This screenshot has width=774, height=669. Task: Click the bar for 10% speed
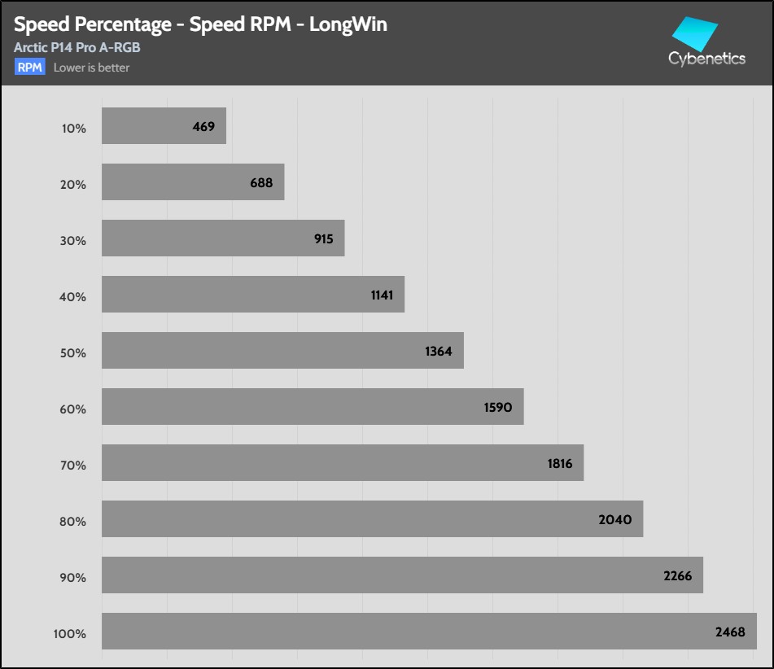click(x=163, y=126)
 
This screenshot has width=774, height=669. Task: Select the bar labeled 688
click(x=192, y=182)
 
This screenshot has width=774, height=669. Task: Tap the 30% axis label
click(x=72, y=241)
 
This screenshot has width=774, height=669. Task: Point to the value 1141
click(x=382, y=295)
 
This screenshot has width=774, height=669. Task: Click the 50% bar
click(x=282, y=351)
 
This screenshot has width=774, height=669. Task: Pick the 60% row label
click(x=72, y=409)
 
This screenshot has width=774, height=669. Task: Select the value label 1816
click(x=560, y=464)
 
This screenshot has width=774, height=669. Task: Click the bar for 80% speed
click(x=372, y=519)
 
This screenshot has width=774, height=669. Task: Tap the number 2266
click(x=677, y=576)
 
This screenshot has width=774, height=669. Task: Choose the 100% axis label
click(x=70, y=634)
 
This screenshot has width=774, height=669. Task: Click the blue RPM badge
click(x=29, y=68)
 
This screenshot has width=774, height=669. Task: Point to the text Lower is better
click(x=91, y=68)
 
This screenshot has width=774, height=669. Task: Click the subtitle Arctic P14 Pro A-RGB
click(x=77, y=48)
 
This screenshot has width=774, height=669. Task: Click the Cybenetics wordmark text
click(x=706, y=59)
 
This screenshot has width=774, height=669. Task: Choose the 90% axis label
click(x=72, y=578)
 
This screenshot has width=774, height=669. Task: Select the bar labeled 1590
click(x=312, y=407)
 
